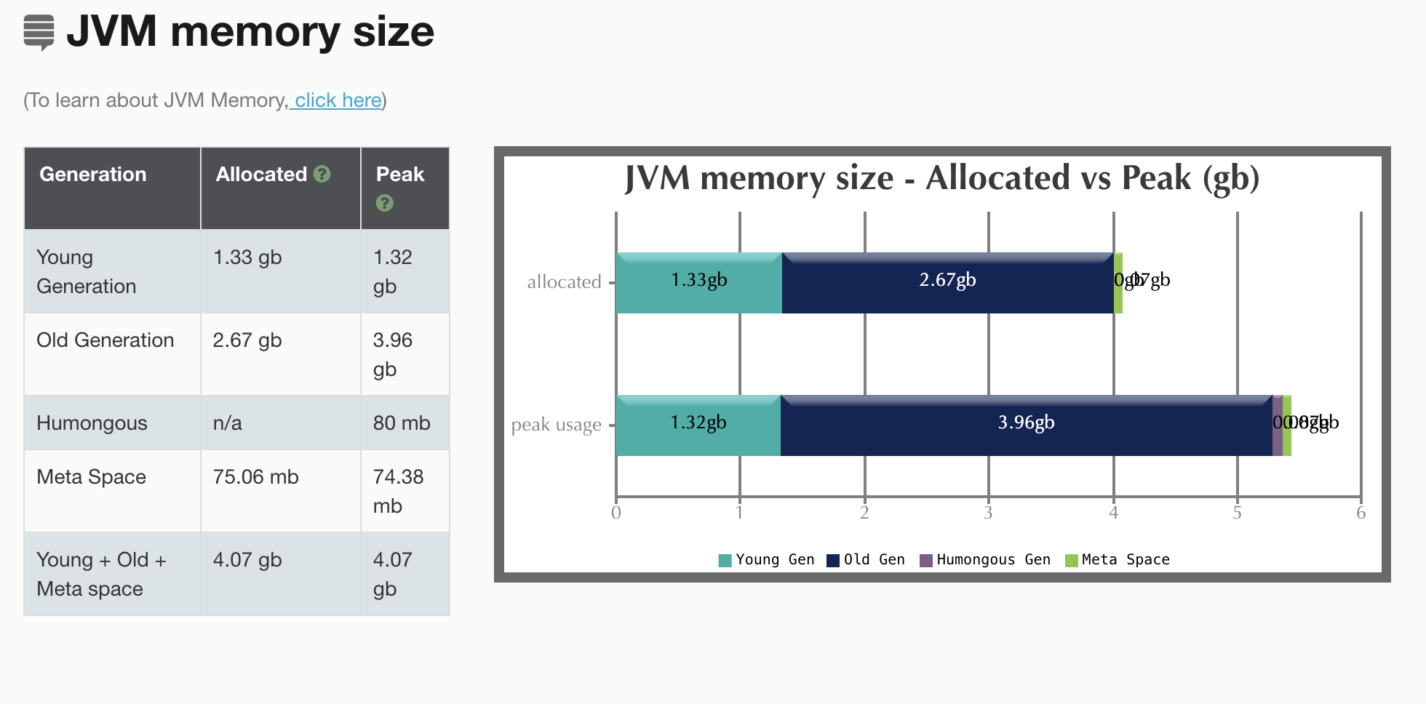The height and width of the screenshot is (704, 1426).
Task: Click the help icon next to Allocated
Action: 322,175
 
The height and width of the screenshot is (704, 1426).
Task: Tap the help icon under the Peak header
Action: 384,204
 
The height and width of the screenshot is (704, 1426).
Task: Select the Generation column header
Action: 93,175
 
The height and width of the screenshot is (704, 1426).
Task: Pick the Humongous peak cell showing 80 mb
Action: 402,423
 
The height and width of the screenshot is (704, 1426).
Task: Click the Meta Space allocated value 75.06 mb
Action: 255,477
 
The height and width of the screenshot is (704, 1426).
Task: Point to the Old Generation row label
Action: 105,340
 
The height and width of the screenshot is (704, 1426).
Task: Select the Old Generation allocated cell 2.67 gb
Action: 247,340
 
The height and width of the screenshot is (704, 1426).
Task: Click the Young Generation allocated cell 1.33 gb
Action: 247,257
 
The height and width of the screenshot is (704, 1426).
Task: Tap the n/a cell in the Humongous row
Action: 227,423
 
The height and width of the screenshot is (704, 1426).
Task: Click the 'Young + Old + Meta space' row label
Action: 101,575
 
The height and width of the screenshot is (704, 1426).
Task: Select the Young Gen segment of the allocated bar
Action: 698,284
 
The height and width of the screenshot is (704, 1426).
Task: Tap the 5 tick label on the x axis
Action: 1237,513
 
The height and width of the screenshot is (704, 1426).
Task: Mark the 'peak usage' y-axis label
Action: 557,425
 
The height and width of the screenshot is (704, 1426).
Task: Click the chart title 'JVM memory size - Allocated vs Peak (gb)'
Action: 942,178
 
